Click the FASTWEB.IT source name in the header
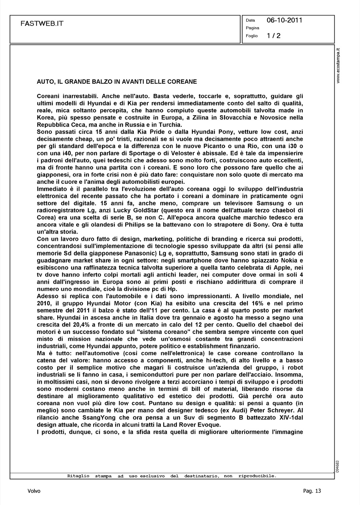42,24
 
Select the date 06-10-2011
284,20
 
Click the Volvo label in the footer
34,491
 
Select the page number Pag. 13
312,491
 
